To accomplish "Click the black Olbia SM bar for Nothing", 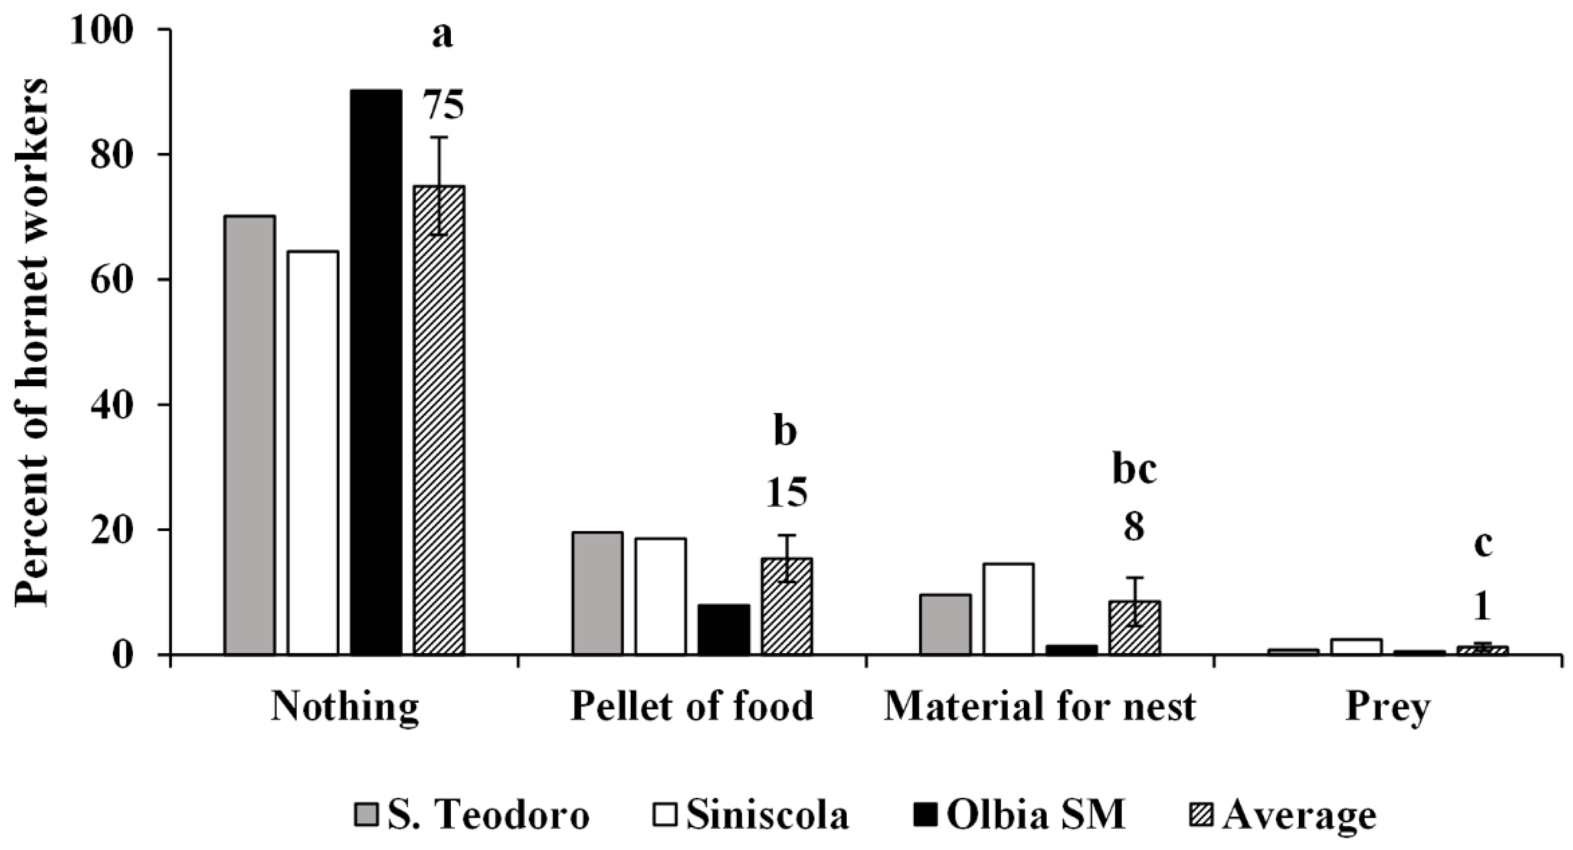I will click(x=376, y=372).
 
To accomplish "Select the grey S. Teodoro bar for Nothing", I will click(x=249, y=435).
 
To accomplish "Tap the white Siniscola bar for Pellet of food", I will click(x=660, y=596).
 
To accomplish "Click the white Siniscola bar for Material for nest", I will click(x=1008, y=609).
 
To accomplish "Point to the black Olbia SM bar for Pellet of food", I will click(x=724, y=629).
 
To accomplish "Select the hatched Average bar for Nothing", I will click(x=439, y=420).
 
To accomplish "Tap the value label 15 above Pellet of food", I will click(x=786, y=493).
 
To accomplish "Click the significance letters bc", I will click(x=1135, y=470).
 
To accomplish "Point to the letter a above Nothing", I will click(x=442, y=37).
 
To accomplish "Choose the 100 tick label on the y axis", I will click(x=101, y=30).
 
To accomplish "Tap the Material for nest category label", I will click(x=1039, y=707).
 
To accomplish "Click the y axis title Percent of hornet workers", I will click(x=32, y=342).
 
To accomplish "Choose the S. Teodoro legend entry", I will click(x=473, y=815).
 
